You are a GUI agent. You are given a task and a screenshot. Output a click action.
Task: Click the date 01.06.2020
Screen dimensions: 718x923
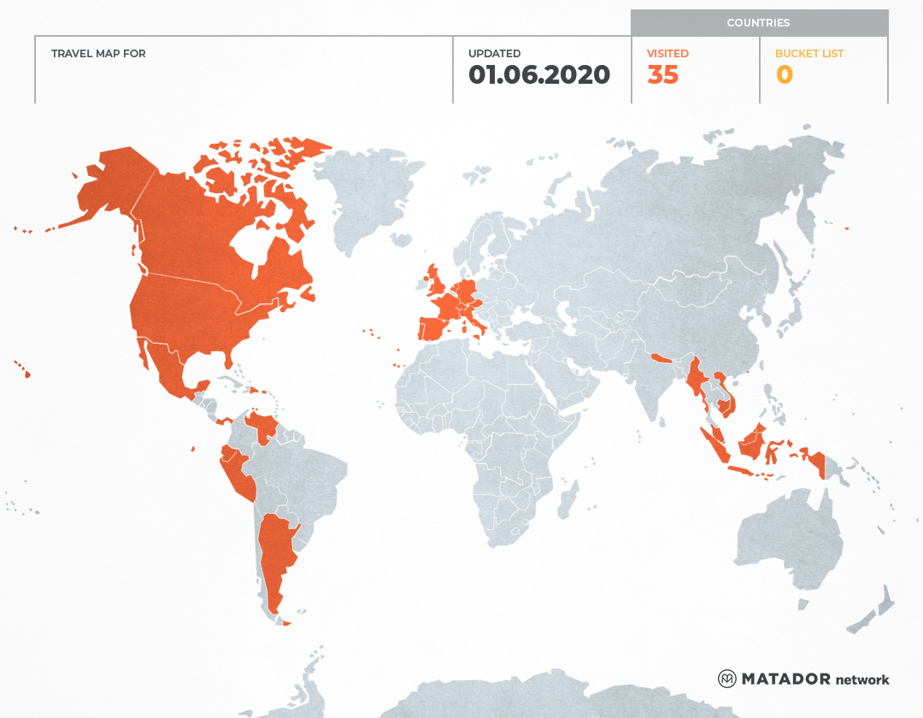[539, 75]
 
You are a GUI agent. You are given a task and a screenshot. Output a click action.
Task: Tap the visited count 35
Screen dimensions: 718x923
[662, 75]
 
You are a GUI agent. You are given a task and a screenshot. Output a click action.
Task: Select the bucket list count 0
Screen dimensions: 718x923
[784, 75]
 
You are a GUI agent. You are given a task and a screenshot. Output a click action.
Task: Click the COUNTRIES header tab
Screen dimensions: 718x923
[758, 23]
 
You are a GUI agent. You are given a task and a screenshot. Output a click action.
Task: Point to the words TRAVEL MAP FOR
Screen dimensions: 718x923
[98, 53]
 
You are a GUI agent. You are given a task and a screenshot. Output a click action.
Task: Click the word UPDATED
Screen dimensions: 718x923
[494, 53]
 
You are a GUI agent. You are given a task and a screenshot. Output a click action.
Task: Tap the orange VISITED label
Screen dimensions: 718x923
[667, 53]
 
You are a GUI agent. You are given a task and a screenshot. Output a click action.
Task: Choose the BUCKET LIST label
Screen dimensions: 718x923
[808, 53]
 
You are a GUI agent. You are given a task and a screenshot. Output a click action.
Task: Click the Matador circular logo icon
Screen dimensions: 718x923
[726, 679]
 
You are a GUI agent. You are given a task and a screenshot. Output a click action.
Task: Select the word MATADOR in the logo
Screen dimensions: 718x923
[785, 679]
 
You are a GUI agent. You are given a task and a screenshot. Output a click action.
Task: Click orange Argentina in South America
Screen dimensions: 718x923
[276, 556]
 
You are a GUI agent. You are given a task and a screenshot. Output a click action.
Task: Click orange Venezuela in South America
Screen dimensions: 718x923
[262, 425]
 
